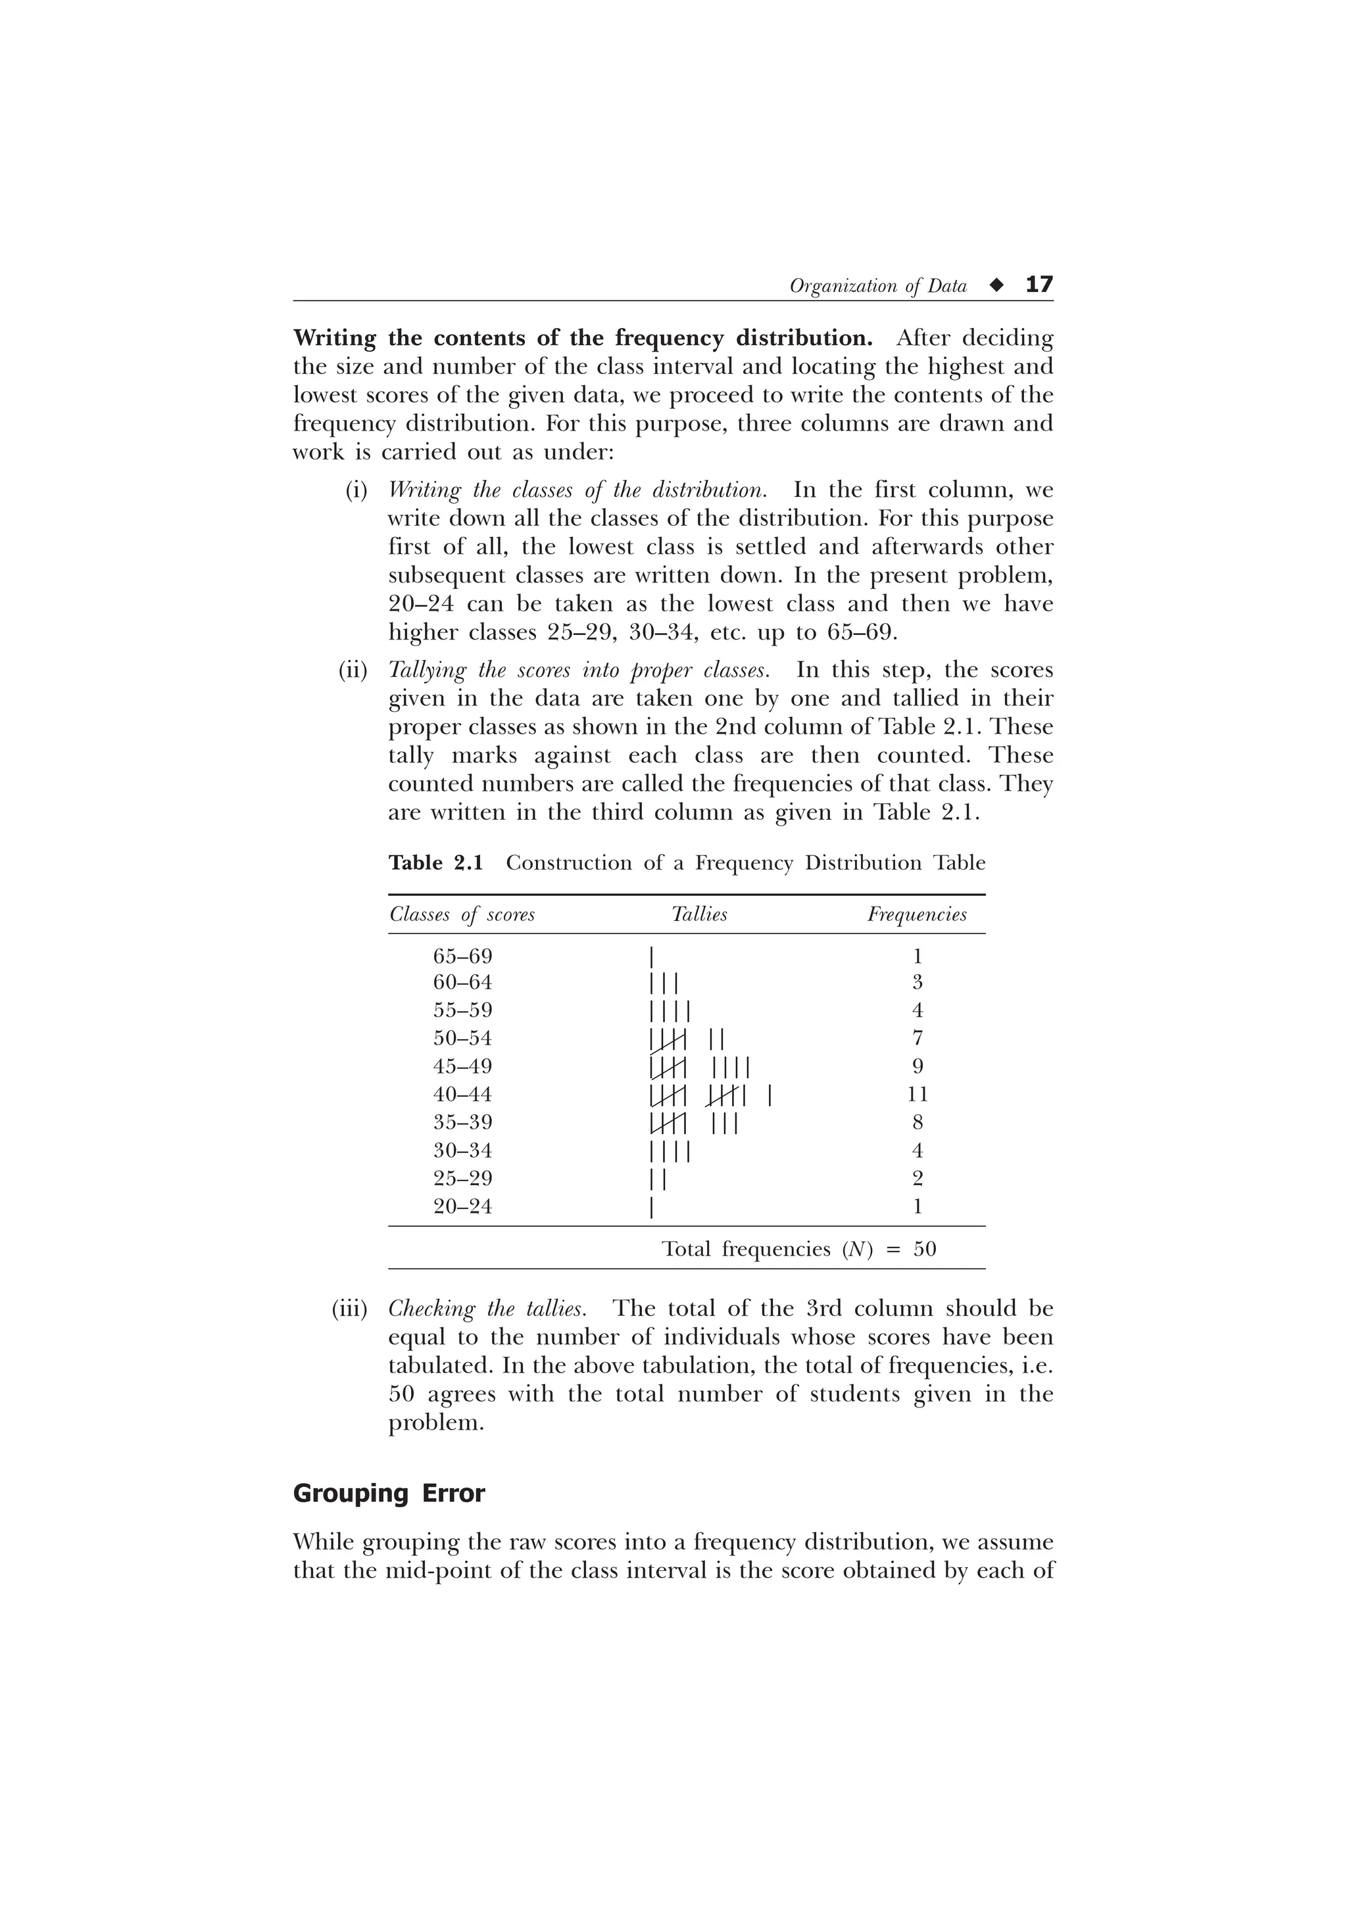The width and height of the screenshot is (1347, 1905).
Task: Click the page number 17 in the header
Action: coord(1039,285)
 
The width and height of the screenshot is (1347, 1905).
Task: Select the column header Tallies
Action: coord(698,914)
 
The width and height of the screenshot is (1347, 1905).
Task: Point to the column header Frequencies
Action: coord(917,914)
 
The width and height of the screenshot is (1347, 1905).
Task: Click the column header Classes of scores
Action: coord(462,914)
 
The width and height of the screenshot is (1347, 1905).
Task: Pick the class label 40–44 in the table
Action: coord(462,1094)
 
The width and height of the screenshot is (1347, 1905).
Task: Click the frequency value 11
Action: coord(917,1094)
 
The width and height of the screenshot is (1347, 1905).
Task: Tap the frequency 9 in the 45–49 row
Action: coord(917,1066)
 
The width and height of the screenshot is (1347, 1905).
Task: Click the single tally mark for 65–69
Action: coord(652,956)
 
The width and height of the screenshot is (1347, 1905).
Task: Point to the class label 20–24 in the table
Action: coord(462,1206)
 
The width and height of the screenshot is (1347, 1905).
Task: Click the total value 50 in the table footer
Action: coord(925,1250)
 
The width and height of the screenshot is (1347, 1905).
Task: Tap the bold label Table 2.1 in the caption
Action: coord(435,863)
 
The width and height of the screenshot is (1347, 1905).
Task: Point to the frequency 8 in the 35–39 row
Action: coord(917,1123)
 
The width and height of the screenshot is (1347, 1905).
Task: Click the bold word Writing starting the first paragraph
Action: coord(335,339)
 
